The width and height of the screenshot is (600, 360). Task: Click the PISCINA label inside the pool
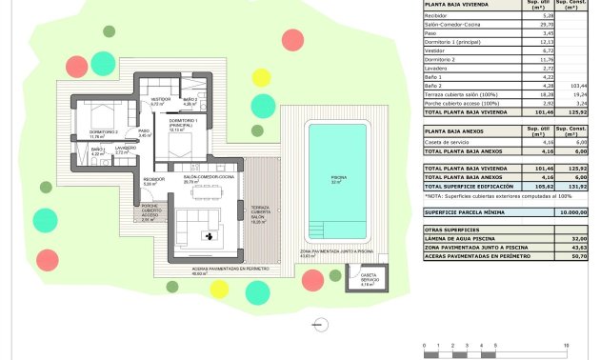click(337, 178)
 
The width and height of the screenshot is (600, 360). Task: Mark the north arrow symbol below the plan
click(314, 324)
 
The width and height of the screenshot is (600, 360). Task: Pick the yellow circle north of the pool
click(260, 77)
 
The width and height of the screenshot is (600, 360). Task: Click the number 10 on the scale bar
click(566, 345)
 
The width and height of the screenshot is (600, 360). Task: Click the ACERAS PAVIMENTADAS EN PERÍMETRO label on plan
click(218, 270)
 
